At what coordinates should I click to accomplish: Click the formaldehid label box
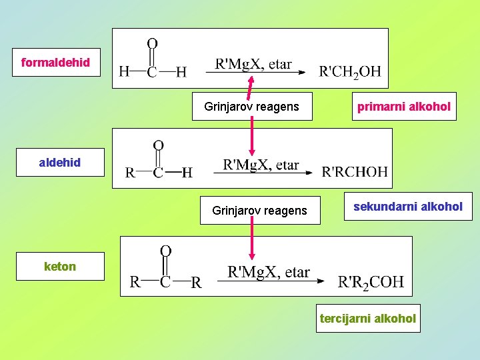click(x=55, y=63)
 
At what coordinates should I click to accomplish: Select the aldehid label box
click(x=60, y=162)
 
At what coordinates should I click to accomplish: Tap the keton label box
click(x=60, y=267)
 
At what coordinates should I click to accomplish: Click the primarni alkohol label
click(x=404, y=107)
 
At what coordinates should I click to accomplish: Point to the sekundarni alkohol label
click(x=407, y=207)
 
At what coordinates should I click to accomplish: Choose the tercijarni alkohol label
click(x=368, y=318)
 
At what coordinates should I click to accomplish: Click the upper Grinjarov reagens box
click(x=252, y=107)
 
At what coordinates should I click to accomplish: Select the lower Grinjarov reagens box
click(x=260, y=211)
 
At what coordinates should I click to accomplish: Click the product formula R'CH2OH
click(x=350, y=71)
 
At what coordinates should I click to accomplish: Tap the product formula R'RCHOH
click(x=355, y=171)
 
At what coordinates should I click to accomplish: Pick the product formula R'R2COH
click(x=371, y=282)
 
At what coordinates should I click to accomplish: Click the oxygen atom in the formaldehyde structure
click(x=152, y=43)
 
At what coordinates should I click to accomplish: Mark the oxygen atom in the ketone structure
click(x=165, y=251)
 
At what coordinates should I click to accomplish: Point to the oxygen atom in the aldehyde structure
click(x=159, y=145)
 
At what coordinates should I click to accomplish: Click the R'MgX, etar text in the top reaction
click(x=253, y=64)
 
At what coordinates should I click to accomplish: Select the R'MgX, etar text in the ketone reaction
click(x=269, y=272)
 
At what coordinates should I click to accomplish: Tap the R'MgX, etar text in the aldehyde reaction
click(x=261, y=164)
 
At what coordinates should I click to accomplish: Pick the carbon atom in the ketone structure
click(x=165, y=282)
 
